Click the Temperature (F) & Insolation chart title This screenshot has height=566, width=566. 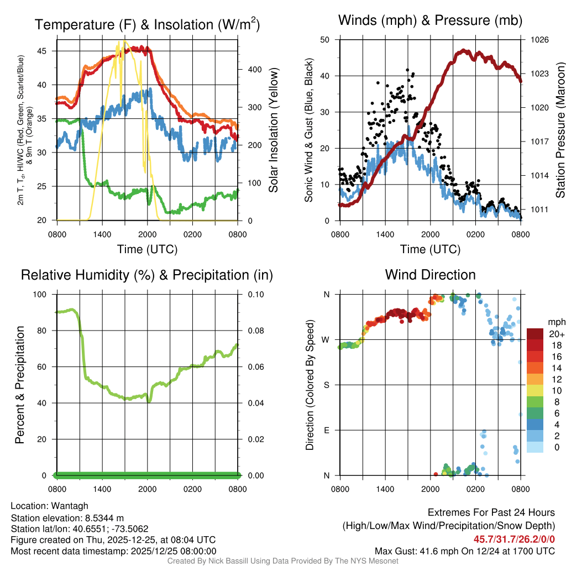[147, 24]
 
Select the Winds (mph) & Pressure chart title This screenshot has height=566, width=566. [430, 20]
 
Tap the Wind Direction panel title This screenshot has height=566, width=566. [430, 275]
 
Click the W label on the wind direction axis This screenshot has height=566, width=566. [326, 339]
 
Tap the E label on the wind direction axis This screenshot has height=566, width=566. [327, 430]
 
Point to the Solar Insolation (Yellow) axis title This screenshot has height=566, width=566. [274, 130]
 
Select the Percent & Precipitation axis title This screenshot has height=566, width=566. [20, 385]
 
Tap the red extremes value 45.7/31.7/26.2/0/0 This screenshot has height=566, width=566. [514, 539]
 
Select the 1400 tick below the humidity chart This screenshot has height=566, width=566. [102, 489]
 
